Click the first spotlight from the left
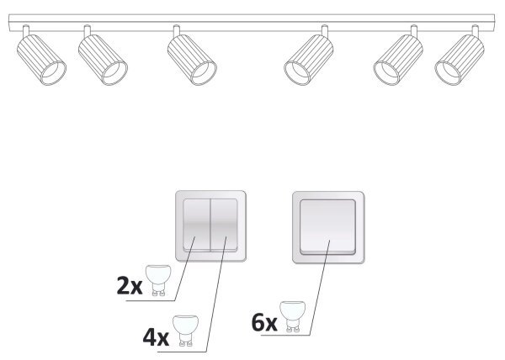[x=41, y=60]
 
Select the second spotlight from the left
[x=103, y=60]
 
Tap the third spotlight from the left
[x=192, y=60]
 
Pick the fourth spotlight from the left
[x=309, y=60]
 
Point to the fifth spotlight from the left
[x=398, y=60]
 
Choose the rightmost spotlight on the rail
[x=460, y=60]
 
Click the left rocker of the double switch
[x=196, y=225]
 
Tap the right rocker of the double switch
[x=224, y=225]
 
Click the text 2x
[x=130, y=286]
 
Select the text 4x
[x=156, y=337]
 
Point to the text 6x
[x=264, y=323]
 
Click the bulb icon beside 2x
[x=157, y=280]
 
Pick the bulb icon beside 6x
[x=292, y=316]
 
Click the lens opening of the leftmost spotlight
[x=53, y=72]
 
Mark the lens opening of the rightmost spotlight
[x=448, y=72]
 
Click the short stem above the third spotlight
[x=176, y=31]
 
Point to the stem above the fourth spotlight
[x=325, y=31]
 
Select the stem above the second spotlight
[x=88, y=31]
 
